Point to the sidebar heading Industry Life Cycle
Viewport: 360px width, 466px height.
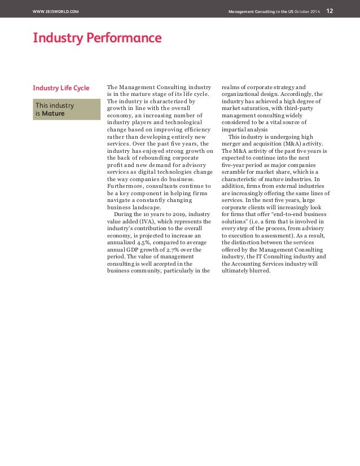coord(61,88)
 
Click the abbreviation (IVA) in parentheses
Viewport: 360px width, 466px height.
coord(151,222)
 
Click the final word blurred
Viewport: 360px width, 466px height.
coord(259,270)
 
